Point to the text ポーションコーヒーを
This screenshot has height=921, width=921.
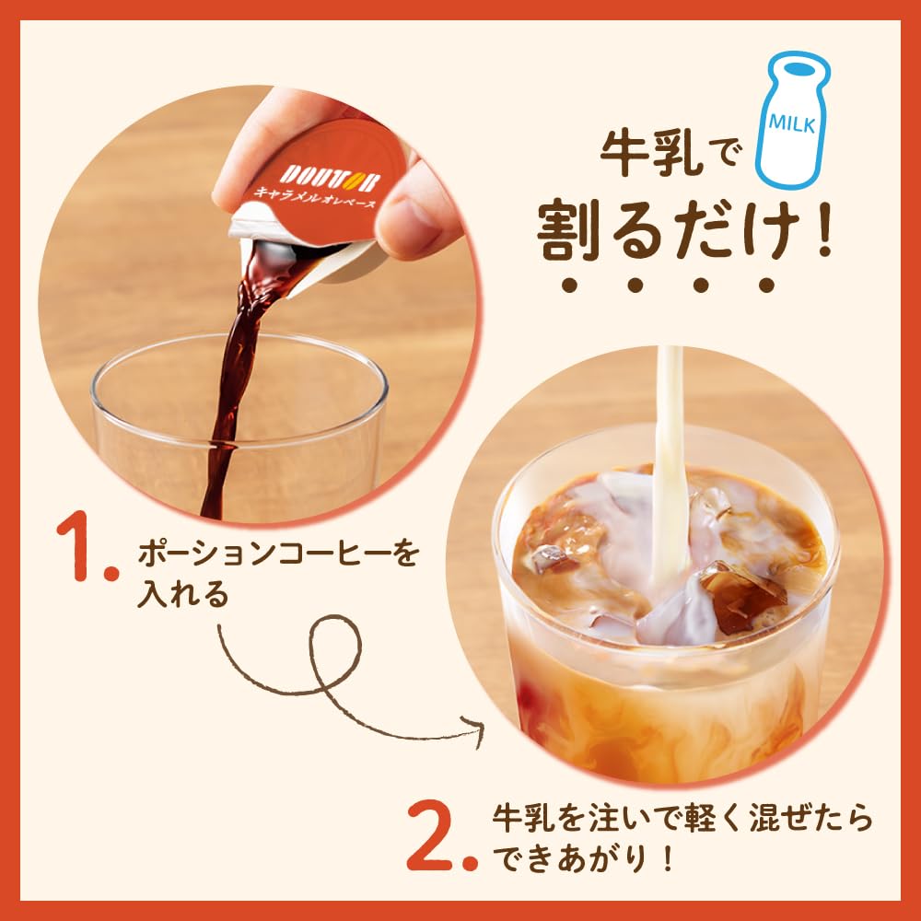277,555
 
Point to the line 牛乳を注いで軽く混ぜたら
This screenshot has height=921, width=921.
682,816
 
